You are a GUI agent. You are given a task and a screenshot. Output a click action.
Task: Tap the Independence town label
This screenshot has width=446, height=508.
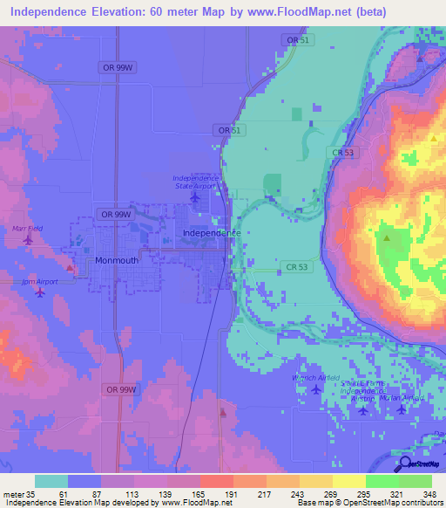[x=212, y=234]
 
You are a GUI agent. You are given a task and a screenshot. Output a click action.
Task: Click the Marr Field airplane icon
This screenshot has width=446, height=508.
[x=28, y=239]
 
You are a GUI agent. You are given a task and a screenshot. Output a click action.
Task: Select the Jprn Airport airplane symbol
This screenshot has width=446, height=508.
[x=40, y=292]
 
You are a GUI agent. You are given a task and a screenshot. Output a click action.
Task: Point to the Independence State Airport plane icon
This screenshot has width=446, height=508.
[x=194, y=196]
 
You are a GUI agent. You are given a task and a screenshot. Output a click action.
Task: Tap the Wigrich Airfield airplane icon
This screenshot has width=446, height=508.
[x=315, y=389]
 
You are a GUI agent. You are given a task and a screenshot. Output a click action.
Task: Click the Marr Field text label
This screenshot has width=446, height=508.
[x=27, y=228]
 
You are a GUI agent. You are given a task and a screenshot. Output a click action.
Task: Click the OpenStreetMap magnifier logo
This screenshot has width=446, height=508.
[x=404, y=464]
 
